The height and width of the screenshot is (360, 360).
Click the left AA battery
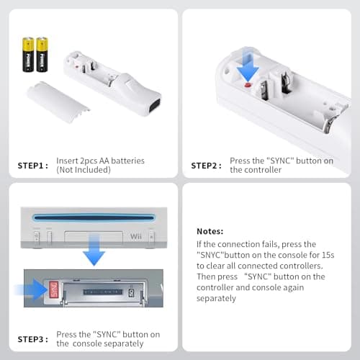click(28, 55)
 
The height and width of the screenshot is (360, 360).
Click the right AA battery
click(42, 55)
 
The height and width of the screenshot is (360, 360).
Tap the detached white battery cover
click(58, 102)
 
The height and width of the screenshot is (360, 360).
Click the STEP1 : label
click(33, 166)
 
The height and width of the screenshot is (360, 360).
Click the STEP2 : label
click(206, 166)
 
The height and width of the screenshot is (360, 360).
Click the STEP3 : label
click(33, 339)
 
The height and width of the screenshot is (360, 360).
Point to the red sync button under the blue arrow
click(248, 85)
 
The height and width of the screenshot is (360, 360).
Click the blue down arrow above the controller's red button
click(248, 66)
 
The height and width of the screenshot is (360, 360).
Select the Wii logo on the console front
click(136, 236)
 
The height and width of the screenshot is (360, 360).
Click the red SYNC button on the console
click(53, 289)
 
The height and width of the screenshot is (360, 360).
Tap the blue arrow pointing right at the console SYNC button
click(31, 289)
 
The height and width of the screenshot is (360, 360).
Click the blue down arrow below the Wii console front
click(94, 250)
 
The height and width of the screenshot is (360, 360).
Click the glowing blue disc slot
click(94, 218)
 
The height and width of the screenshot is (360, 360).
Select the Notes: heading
click(210, 231)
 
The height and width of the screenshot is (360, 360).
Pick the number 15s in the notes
click(328, 255)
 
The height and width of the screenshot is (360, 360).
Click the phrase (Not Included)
click(84, 170)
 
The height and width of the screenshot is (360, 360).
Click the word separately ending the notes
click(216, 298)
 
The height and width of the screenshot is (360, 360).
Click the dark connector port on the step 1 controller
click(155, 107)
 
